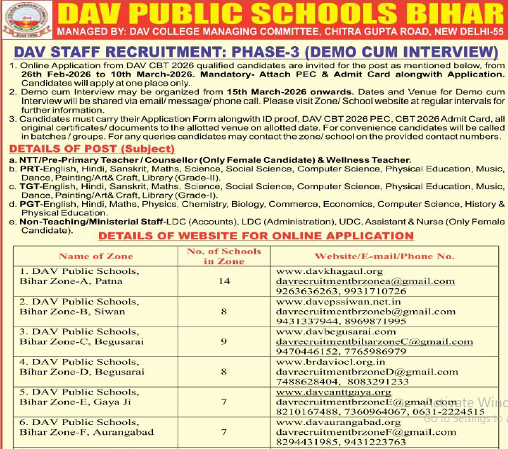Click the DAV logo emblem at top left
(x=25, y=20)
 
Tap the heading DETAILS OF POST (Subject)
(x=91, y=149)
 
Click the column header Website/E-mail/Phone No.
(x=384, y=256)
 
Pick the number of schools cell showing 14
(x=224, y=281)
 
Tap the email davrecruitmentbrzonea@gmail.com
(x=365, y=281)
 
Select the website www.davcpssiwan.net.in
(x=338, y=302)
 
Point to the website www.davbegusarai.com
(x=335, y=331)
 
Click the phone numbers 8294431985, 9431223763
(x=341, y=442)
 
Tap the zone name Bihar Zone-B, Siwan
(x=73, y=312)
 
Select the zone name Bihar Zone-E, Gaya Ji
(x=76, y=402)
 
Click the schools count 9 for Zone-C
(x=224, y=341)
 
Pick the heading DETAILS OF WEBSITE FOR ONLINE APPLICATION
(x=256, y=236)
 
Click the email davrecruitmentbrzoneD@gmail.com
(x=366, y=372)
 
